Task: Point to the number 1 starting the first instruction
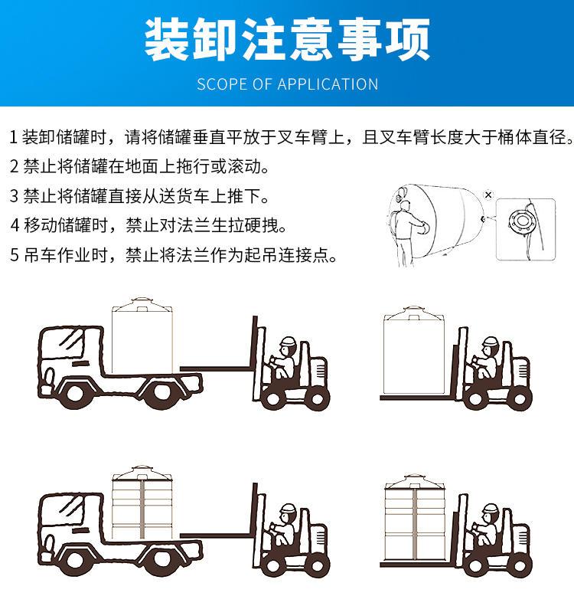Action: click(13, 138)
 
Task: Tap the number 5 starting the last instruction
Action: click(13, 254)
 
